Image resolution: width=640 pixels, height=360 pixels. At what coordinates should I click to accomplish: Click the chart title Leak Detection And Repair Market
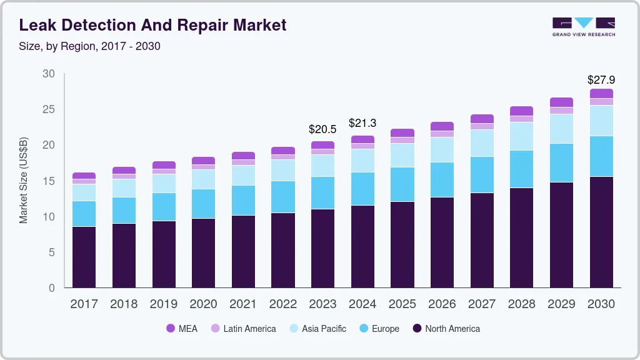(x=152, y=25)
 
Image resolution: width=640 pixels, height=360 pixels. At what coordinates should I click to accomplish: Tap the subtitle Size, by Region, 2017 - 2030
(x=90, y=46)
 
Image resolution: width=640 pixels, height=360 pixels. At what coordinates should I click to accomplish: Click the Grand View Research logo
(x=583, y=26)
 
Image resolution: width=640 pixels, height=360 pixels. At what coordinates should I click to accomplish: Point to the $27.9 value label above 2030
(x=601, y=80)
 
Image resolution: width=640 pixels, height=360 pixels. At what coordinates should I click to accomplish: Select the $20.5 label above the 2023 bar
(x=322, y=129)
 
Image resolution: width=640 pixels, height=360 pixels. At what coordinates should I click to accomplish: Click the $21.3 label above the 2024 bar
(x=362, y=123)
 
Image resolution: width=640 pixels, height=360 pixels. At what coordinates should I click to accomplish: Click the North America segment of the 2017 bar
(x=84, y=257)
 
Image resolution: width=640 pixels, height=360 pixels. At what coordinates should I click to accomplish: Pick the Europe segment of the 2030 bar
(x=601, y=156)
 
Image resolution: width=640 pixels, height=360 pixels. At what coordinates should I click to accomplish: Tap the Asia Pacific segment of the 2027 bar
(x=482, y=143)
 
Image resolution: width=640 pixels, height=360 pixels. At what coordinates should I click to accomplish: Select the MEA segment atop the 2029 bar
(x=561, y=102)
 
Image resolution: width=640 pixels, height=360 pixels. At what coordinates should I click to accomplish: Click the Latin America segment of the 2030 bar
(x=601, y=102)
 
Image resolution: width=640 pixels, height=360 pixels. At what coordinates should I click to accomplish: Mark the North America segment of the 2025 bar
(x=402, y=244)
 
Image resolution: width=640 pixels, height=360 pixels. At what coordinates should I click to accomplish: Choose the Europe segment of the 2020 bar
(x=203, y=204)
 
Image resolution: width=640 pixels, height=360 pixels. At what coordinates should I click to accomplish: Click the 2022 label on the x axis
(x=283, y=304)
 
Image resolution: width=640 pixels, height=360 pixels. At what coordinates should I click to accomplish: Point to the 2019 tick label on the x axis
(x=164, y=304)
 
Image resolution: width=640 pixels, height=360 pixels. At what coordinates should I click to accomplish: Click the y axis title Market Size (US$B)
(x=23, y=179)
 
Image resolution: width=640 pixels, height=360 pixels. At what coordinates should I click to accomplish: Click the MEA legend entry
(x=182, y=329)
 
